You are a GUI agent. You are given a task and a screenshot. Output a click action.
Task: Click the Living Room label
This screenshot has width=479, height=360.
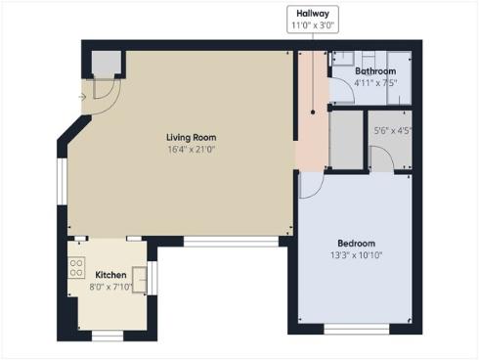[x=192, y=137]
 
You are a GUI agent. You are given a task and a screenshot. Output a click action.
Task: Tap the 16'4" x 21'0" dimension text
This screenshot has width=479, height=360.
[x=192, y=150]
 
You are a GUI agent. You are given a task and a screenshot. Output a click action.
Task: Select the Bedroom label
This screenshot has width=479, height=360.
[x=356, y=243]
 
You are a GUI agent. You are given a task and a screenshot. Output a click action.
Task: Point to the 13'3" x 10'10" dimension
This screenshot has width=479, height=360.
[x=356, y=255]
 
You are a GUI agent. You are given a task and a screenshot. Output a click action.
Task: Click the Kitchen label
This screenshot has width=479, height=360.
[x=109, y=275]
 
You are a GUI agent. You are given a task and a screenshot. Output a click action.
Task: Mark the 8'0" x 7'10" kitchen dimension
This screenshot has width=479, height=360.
[x=109, y=287]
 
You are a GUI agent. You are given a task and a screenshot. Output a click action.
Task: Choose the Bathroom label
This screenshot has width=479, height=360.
[x=374, y=71]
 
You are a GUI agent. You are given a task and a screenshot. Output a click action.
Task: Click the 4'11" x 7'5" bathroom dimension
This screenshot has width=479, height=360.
[x=374, y=83]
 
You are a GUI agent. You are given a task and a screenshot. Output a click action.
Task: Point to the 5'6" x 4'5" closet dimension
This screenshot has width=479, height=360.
[x=392, y=130]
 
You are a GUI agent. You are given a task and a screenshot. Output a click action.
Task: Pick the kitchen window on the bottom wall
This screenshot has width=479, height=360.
[x=107, y=335]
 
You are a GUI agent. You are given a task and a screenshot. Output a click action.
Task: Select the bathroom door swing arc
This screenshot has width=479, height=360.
[x=340, y=90]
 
